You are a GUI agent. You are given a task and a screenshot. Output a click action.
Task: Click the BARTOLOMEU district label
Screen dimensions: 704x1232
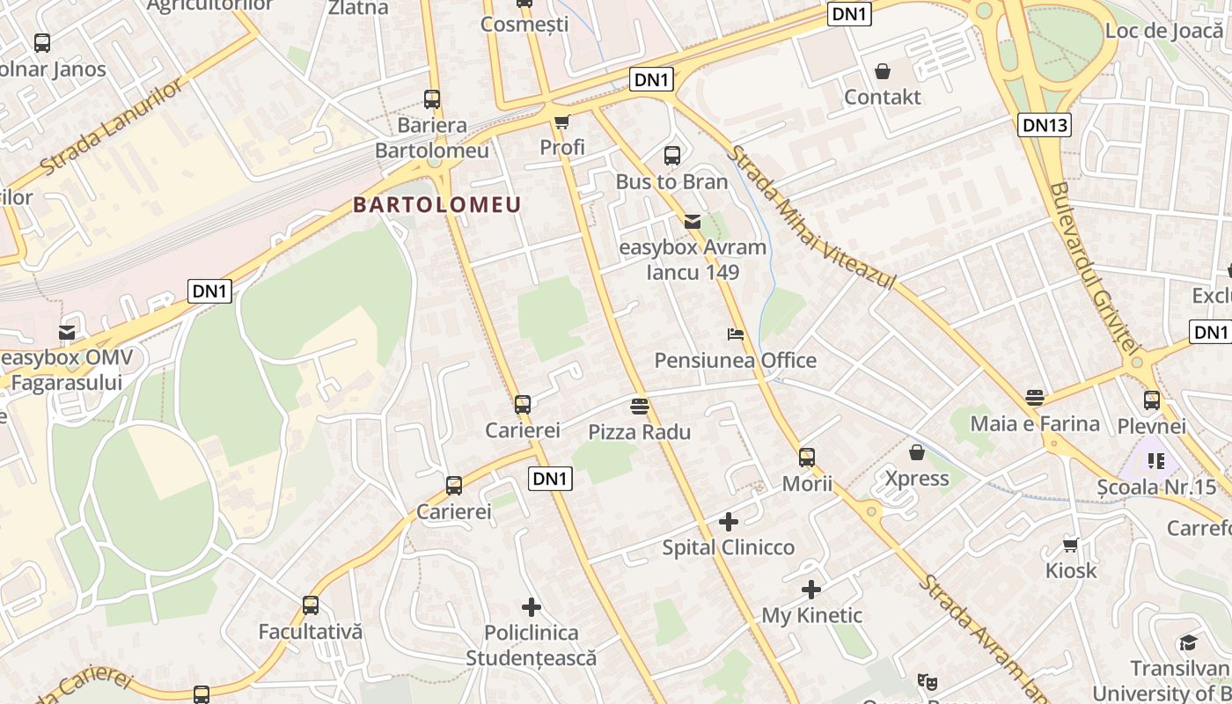point(437,205)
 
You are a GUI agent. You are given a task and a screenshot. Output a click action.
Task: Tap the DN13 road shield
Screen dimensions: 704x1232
point(1045,125)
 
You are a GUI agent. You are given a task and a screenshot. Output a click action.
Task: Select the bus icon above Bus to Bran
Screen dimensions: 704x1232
point(672,156)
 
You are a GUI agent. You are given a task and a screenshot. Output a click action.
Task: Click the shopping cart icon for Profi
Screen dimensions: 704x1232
point(561,121)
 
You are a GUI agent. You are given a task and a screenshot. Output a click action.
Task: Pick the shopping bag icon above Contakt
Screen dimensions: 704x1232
point(882,71)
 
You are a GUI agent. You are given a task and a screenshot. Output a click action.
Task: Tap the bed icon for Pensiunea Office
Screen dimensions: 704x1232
point(736,334)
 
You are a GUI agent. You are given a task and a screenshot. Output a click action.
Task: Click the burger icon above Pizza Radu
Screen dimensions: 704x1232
point(640,407)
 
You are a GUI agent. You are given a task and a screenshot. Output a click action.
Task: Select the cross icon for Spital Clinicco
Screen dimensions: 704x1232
point(728,522)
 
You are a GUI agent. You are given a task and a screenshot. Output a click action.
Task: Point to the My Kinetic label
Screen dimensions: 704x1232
point(811,615)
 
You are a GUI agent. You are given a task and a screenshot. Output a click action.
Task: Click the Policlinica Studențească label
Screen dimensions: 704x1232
point(531,645)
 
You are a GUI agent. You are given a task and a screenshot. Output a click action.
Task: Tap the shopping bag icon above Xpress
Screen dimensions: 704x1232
point(917,452)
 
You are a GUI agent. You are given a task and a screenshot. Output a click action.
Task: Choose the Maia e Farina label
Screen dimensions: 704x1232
point(1035,424)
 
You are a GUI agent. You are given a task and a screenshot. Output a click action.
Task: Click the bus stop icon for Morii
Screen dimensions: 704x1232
point(807,458)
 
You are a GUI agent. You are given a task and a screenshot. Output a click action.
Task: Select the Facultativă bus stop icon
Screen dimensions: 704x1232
point(310,605)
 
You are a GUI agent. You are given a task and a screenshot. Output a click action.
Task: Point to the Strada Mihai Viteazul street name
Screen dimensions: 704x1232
point(810,218)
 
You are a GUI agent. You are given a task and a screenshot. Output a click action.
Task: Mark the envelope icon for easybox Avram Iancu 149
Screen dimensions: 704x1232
point(693,222)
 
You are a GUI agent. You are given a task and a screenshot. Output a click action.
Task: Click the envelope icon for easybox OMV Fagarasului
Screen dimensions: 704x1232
point(67,333)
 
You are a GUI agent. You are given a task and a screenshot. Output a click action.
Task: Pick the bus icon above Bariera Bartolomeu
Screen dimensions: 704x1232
point(431,99)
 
